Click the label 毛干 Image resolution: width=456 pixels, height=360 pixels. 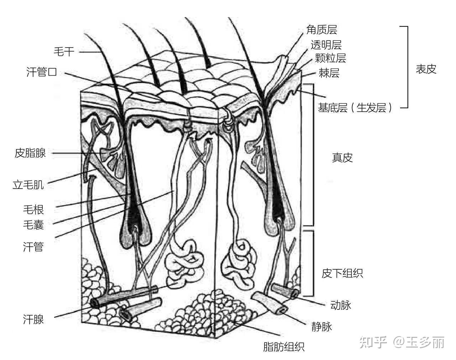point(64,52)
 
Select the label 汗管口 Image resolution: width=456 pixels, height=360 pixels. point(42,72)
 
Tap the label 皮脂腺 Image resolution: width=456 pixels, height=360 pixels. point(30,153)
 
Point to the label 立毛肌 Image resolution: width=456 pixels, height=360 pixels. point(28,185)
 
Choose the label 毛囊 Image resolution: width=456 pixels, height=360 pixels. point(33,225)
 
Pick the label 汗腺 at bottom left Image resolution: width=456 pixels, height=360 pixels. point(33,319)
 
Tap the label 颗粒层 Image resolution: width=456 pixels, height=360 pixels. point(330,58)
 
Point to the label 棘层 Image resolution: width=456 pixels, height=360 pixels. point(329,73)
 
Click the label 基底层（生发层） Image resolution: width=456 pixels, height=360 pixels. point(355,107)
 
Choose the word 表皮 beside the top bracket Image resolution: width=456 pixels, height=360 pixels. point(426,69)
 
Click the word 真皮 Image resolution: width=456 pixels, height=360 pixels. point(342,158)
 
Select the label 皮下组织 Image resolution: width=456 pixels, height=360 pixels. point(342,273)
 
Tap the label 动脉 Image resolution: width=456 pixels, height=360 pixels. point(341,305)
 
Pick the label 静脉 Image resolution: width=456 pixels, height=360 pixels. point(321,326)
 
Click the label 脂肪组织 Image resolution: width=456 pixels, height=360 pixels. point(284,346)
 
